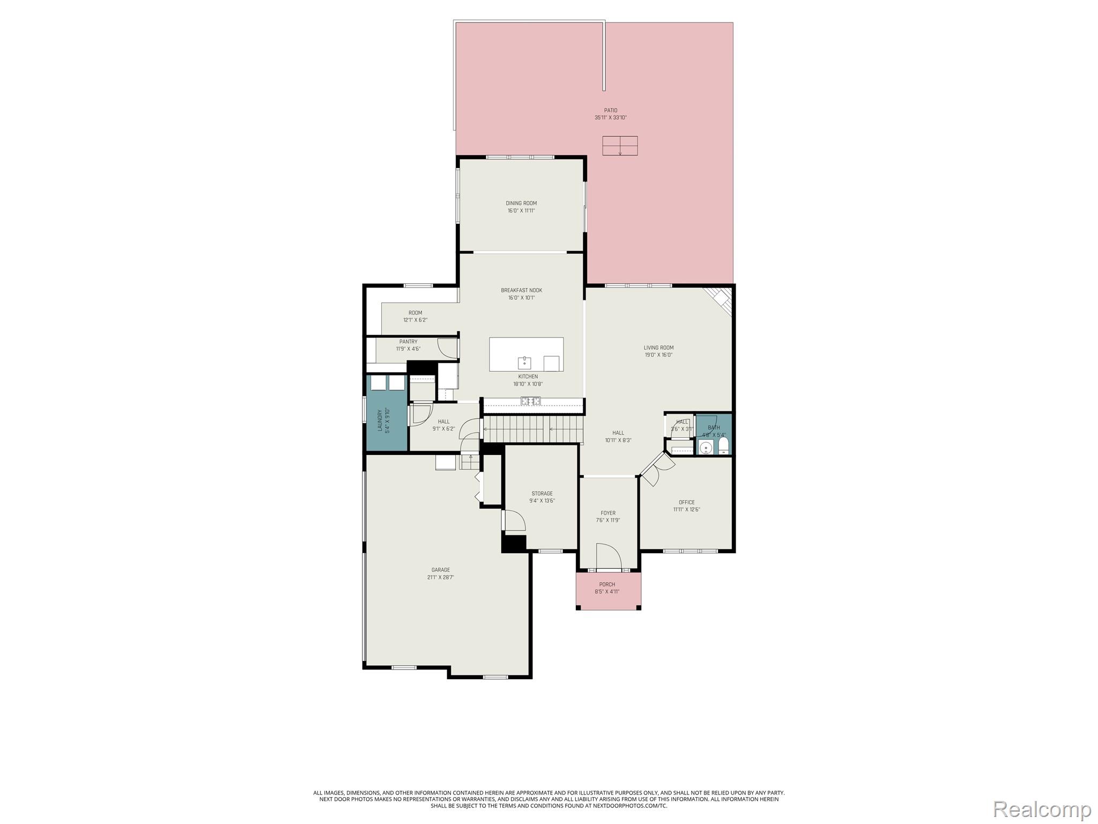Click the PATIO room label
[610, 111]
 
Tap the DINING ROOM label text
[521, 203]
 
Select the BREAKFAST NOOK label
[521, 290]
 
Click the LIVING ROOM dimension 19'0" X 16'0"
[658, 355]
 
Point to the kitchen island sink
[524, 363]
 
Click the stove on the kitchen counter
[531, 401]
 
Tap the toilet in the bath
[723, 445]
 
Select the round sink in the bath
[706, 447]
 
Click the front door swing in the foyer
[607, 556]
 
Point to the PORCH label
[607, 584]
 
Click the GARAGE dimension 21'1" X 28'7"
[441, 578]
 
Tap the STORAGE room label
[542, 494]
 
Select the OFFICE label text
[686, 503]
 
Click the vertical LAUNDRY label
[380, 421]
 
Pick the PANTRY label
[408, 342]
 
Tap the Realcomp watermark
[1042, 808]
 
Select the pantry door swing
[448, 349]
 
